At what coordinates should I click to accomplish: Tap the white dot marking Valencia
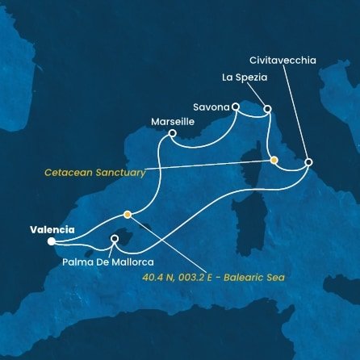pyautogui.click(x=51, y=241)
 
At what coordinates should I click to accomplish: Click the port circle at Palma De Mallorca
pyautogui.click(x=115, y=239)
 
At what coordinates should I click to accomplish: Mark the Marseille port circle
pyautogui.click(x=172, y=134)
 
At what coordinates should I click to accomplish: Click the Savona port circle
pyautogui.click(x=236, y=106)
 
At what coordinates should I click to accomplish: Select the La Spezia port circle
pyautogui.click(x=267, y=108)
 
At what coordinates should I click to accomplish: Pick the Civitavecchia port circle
pyautogui.click(x=308, y=163)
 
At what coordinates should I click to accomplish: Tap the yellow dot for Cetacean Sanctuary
pyautogui.click(x=274, y=160)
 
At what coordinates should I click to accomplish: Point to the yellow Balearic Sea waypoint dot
pyautogui.click(x=128, y=214)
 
